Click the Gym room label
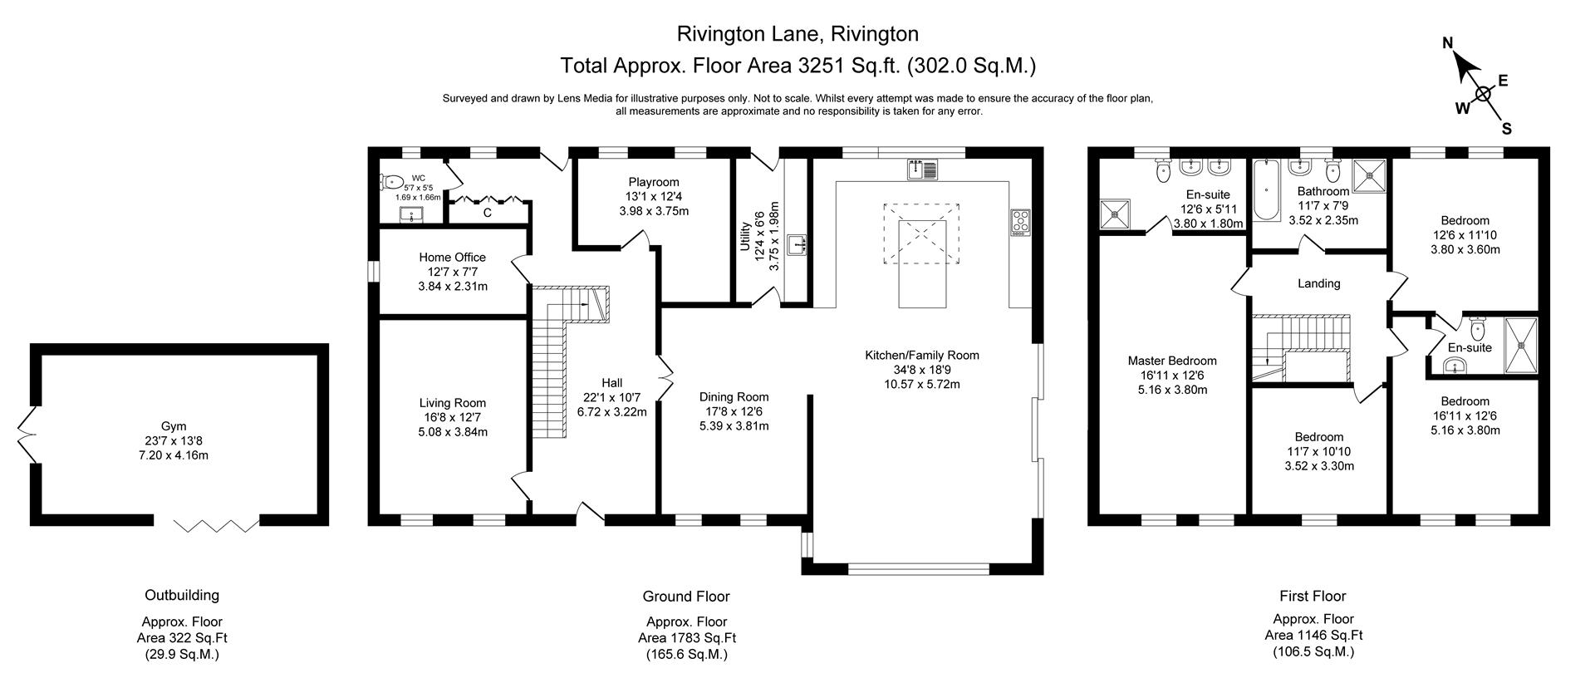pyautogui.click(x=174, y=425)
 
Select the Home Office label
pyautogui.click(x=452, y=258)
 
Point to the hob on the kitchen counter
pyautogui.click(x=1021, y=222)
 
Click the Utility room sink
pyautogui.click(x=798, y=244)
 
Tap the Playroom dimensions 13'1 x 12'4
pyautogui.click(x=654, y=197)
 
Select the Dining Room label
pyautogui.click(x=734, y=397)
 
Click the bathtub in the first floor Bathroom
pyautogui.click(x=1267, y=191)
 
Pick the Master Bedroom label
pyautogui.click(x=1172, y=361)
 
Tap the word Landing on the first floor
pyautogui.click(x=1318, y=283)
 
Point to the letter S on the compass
pyautogui.click(x=1506, y=129)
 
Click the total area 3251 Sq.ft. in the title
pyautogui.click(x=845, y=65)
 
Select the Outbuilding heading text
pyautogui.click(x=182, y=595)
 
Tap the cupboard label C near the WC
pyautogui.click(x=488, y=213)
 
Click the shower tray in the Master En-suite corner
pyautogui.click(x=1114, y=214)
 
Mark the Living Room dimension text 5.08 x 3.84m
pyautogui.click(x=453, y=432)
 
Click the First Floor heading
pyautogui.click(x=1313, y=596)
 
